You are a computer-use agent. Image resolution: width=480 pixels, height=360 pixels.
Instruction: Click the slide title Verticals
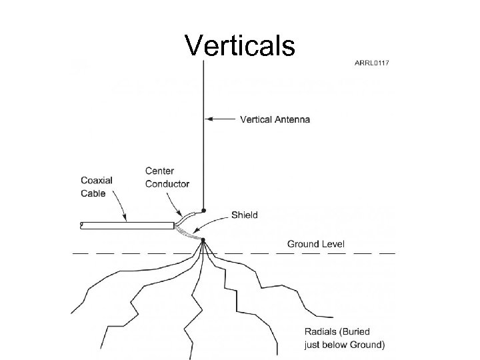coord(240,45)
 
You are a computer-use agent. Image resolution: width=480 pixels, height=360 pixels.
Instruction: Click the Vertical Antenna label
coord(275,120)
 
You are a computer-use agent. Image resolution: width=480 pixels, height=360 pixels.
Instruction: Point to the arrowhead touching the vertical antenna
coord(207,120)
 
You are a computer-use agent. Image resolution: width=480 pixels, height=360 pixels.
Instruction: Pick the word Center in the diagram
coord(160,171)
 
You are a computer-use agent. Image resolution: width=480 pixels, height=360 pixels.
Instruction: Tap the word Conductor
coord(167,183)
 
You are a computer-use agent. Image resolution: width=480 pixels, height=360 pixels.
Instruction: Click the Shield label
coord(245,215)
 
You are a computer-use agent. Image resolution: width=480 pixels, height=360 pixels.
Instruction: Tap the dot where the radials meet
coord(203,240)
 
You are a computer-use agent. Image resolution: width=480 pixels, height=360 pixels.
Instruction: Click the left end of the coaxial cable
coord(81,225)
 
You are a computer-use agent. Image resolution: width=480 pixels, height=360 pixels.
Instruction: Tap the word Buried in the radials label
coord(357,331)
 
